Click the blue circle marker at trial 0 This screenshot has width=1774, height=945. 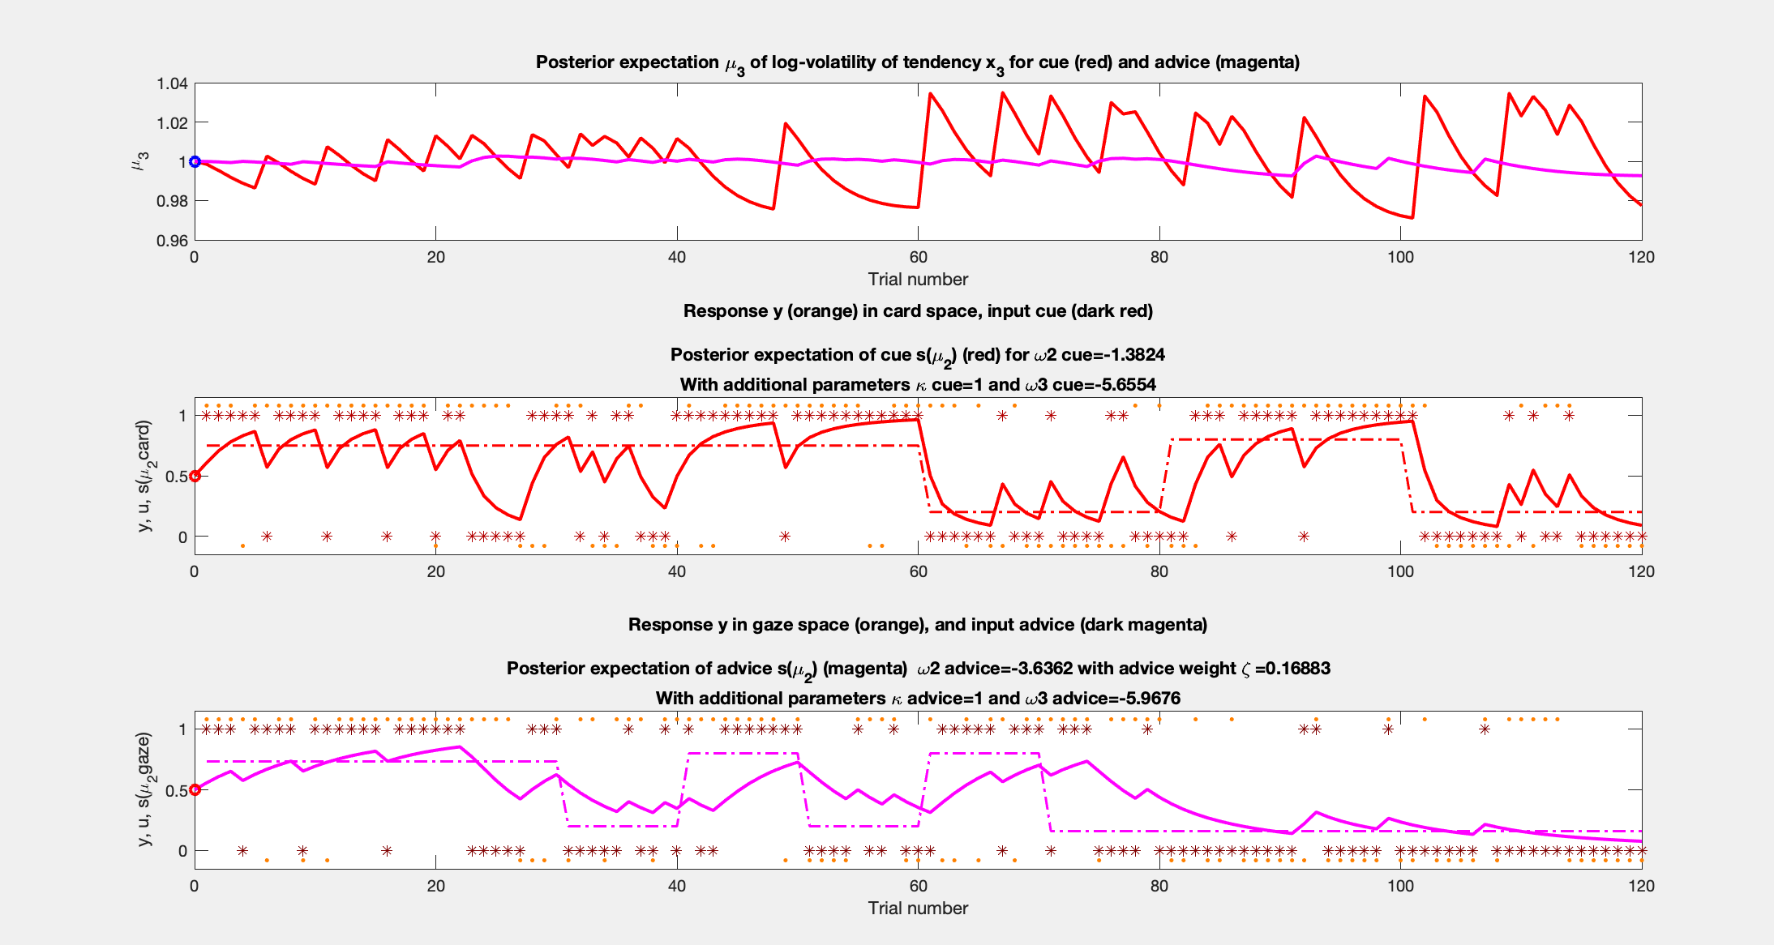click(x=195, y=161)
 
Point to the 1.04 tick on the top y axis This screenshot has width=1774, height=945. click(x=172, y=83)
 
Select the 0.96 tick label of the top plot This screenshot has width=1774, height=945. click(x=172, y=240)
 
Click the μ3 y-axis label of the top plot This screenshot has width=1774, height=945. click(x=139, y=161)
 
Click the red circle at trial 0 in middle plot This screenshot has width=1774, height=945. click(x=195, y=476)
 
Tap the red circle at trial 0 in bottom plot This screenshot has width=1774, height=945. click(x=195, y=789)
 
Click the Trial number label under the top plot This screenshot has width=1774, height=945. click(x=918, y=279)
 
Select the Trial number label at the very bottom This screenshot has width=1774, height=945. click(x=918, y=908)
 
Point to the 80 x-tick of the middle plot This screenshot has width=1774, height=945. click(x=1159, y=571)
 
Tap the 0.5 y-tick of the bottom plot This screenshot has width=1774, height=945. click(x=176, y=790)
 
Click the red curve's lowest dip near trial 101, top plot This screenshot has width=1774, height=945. click(x=1412, y=217)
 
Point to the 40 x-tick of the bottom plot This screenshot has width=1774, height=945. click(x=676, y=885)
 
